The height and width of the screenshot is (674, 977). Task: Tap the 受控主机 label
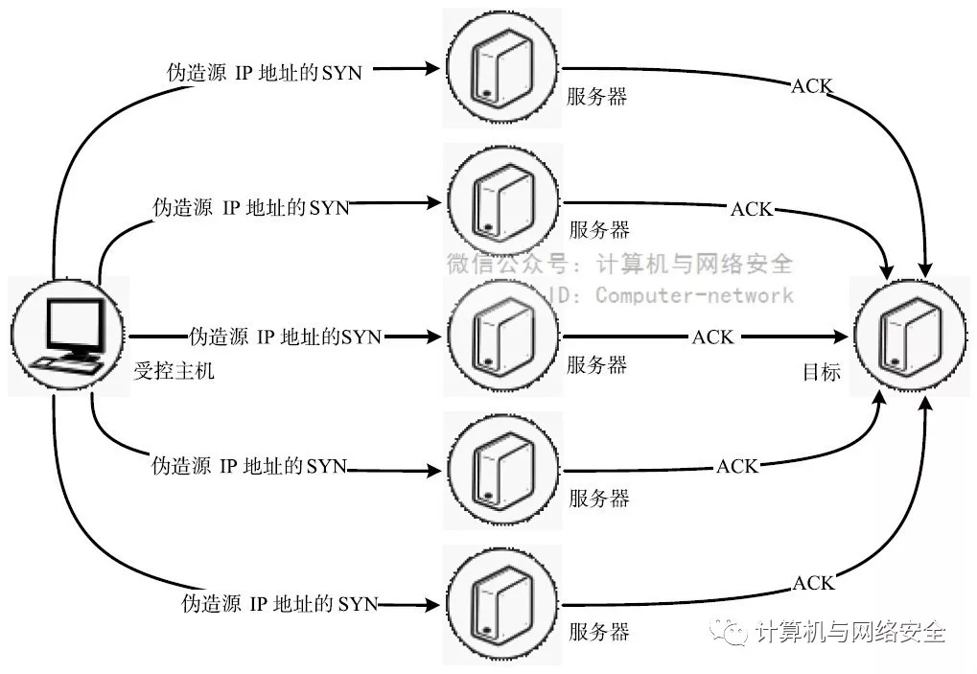pos(174,370)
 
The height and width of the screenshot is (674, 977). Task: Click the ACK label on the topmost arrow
pos(811,86)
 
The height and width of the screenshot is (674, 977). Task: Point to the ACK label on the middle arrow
pos(712,337)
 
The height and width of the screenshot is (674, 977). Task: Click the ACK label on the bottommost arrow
pos(813,583)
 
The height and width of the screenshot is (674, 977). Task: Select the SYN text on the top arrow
pos(342,73)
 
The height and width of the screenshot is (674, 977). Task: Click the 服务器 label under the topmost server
pos(596,97)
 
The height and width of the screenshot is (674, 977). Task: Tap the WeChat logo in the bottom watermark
pos(737,632)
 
